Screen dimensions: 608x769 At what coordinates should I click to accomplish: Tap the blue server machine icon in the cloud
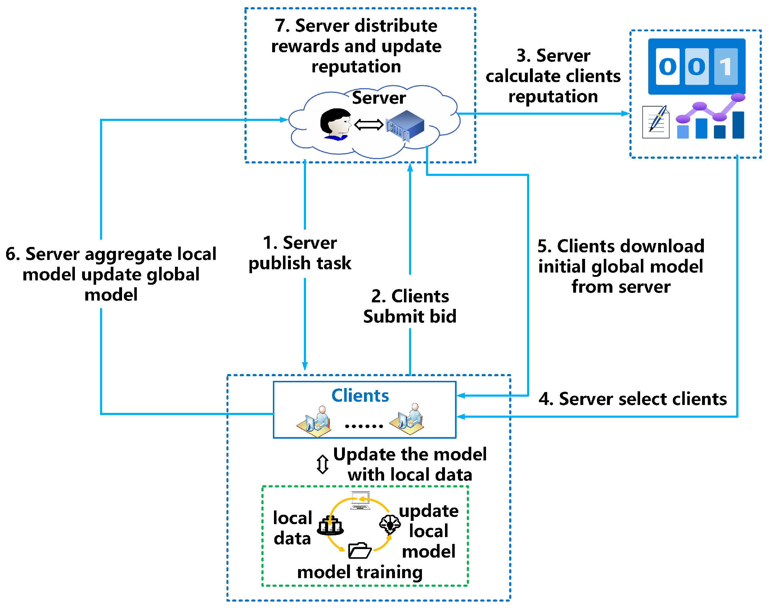(405, 125)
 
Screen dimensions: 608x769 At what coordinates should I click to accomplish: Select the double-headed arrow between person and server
(369, 125)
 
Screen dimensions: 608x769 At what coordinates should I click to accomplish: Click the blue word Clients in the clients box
(360, 396)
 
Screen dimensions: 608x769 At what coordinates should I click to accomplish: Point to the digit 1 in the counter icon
(725, 67)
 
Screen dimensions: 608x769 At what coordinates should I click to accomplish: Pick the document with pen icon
(656, 122)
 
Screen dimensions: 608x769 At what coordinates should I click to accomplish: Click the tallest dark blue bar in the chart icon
(738, 125)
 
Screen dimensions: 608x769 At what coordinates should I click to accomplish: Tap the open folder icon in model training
(360, 550)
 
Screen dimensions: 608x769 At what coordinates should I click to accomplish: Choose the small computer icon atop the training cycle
(360, 501)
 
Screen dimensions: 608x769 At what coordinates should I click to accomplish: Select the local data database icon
(330, 526)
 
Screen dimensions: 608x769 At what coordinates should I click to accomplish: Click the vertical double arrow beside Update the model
(323, 464)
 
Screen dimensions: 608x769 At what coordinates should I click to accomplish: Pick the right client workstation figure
(407, 419)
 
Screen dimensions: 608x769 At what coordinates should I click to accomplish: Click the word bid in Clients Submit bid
(443, 316)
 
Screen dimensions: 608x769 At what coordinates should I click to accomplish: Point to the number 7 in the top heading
(282, 26)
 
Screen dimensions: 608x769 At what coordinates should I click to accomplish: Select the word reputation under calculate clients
(553, 96)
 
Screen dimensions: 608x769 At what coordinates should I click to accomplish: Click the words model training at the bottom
(360, 572)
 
